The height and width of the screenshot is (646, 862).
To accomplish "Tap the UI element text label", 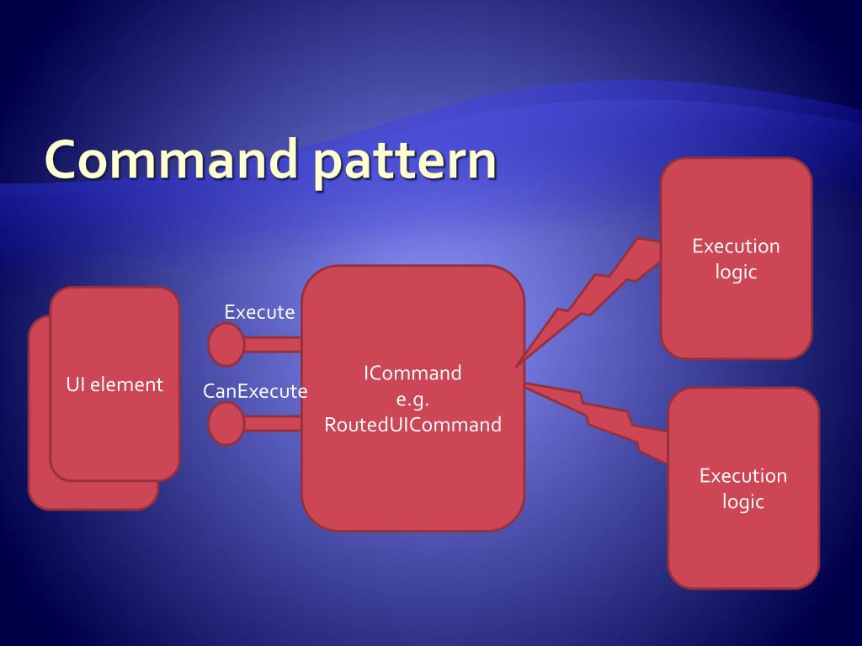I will point(114,384).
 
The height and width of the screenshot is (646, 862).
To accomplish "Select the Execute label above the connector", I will point(259,312).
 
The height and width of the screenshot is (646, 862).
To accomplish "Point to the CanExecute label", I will point(255,391).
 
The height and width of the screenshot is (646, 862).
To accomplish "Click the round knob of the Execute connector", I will point(226,345).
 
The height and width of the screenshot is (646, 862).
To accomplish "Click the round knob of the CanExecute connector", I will point(226,423).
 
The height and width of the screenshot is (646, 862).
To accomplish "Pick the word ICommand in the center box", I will point(412,373).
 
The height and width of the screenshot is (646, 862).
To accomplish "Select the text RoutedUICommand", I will point(412,425).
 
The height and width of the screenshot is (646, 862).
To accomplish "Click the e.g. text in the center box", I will point(412,399).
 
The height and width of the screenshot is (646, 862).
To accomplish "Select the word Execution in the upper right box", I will point(736,246).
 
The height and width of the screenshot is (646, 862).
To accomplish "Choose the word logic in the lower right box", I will point(742,502).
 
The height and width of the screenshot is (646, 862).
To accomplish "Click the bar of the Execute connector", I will point(273,344).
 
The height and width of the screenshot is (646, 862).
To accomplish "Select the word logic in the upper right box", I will point(736,273).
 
